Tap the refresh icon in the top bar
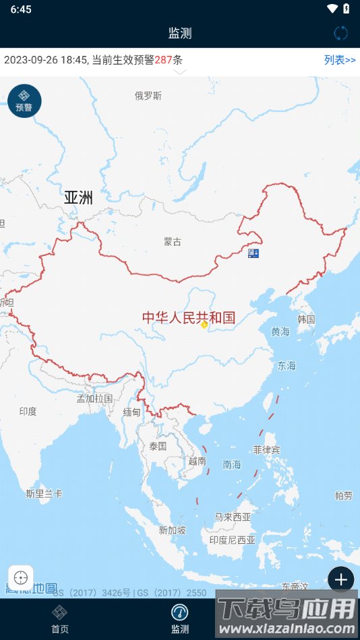click(x=341, y=33)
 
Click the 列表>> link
click(x=340, y=60)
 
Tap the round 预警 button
click(x=24, y=101)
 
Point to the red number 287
click(x=163, y=60)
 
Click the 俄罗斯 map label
click(x=148, y=96)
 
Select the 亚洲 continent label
click(x=78, y=197)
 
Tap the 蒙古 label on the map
click(x=173, y=242)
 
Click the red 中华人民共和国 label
click(x=188, y=318)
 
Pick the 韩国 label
click(x=306, y=319)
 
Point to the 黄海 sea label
click(x=280, y=331)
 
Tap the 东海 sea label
click(x=287, y=366)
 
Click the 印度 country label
click(x=28, y=411)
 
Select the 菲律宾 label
click(x=266, y=449)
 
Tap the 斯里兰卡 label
click(x=44, y=494)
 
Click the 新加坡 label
click(x=172, y=530)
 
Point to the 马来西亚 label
click(x=233, y=517)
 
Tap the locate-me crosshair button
click(x=21, y=578)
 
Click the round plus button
click(x=341, y=579)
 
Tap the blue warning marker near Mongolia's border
click(x=253, y=253)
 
